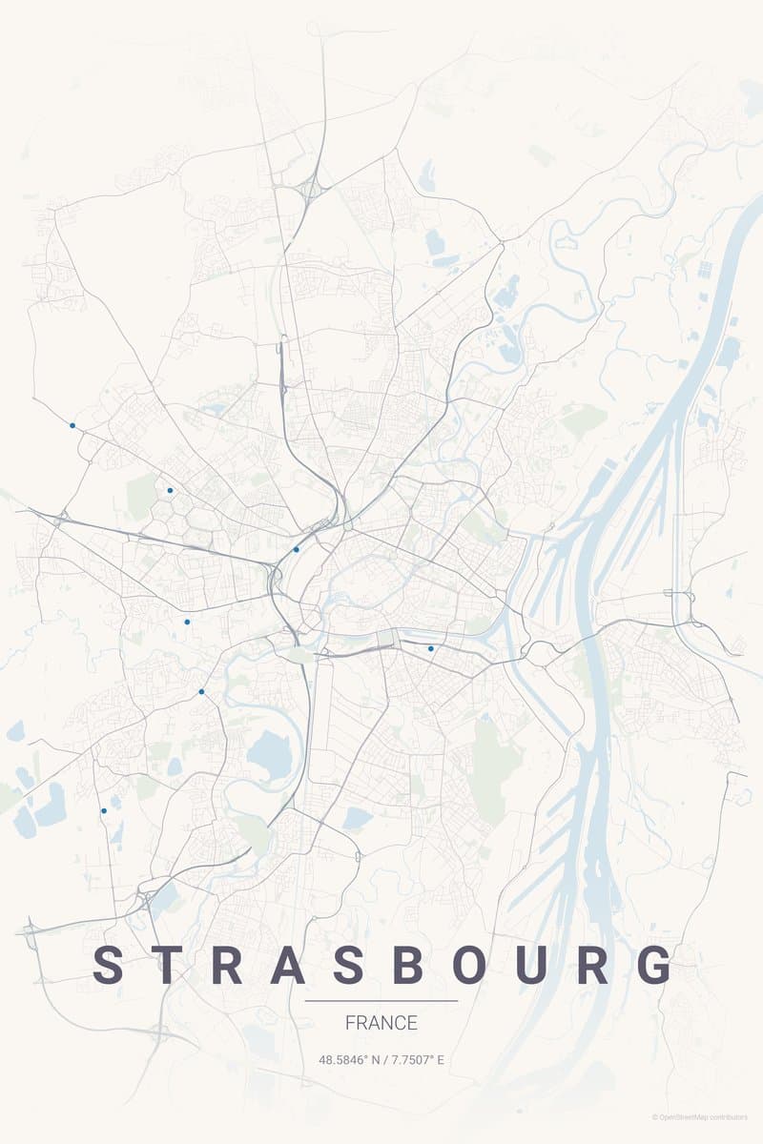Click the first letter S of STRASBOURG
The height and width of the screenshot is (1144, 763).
click(x=109, y=965)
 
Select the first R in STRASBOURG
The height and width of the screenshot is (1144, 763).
click(x=228, y=965)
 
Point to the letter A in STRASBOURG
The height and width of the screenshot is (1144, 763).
click(x=290, y=965)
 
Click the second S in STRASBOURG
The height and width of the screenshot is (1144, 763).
click(x=349, y=965)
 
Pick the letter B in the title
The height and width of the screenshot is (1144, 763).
click(x=408, y=965)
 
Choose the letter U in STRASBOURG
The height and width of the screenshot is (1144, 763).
click(x=533, y=965)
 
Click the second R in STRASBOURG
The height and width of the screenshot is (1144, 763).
click(x=594, y=965)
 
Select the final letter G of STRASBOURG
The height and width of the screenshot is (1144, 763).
click(x=655, y=965)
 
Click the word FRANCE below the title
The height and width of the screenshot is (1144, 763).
click(x=381, y=1023)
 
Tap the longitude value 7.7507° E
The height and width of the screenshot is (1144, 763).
click(x=416, y=1059)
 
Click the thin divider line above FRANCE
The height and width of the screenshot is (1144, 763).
click(x=381, y=1001)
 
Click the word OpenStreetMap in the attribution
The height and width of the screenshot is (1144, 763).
click(x=688, y=1117)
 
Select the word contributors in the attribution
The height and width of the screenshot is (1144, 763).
click(x=730, y=1117)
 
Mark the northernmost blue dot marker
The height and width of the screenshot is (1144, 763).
click(x=72, y=425)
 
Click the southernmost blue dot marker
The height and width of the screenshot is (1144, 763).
click(x=104, y=810)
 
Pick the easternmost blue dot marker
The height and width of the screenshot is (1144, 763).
click(x=431, y=648)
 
